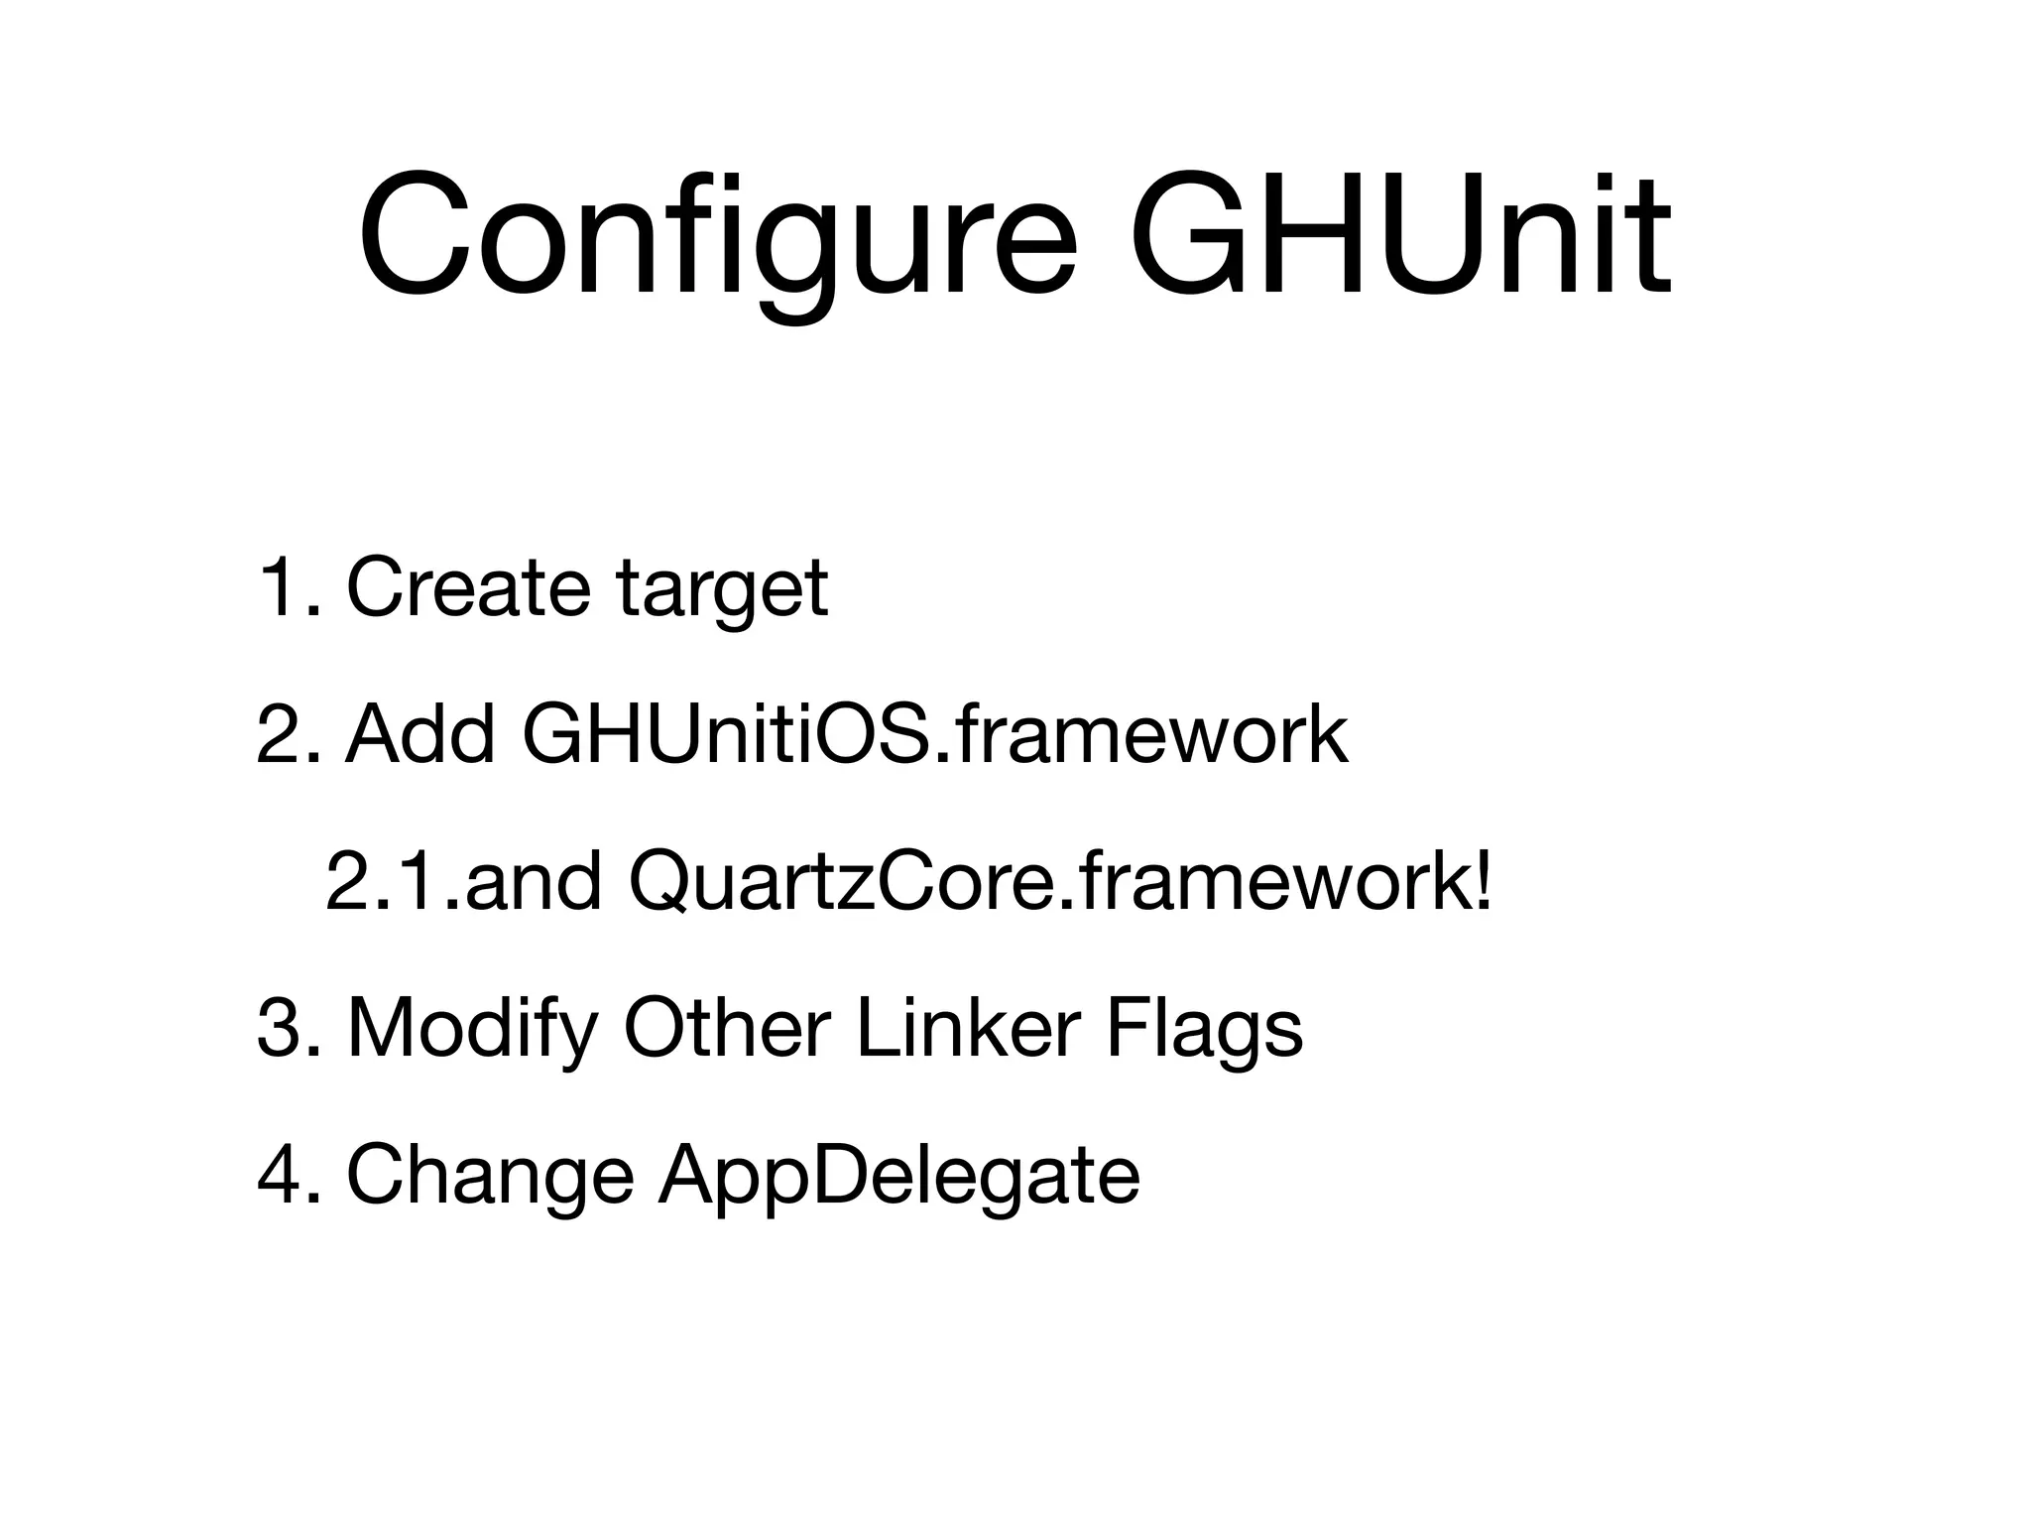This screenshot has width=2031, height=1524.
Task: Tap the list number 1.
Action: [x=288, y=588]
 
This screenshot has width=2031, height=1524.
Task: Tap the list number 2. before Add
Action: [x=289, y=735]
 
